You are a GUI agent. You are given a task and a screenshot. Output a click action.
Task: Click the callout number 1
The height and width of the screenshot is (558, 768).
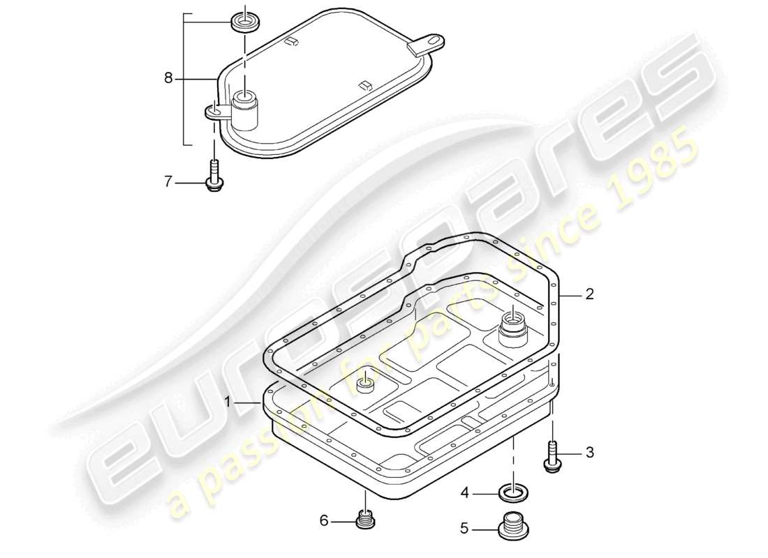click(x=228, y=402)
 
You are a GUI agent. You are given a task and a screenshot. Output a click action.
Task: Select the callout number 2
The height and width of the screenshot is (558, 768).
click(x=589, y=295)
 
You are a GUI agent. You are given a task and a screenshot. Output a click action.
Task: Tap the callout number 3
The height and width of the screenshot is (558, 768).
click(x=589, y=453)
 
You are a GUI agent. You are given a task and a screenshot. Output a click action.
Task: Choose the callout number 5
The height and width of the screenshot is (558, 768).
click(x=464, y=529)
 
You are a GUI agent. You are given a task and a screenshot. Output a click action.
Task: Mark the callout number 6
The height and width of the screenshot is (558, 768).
click(x=324, y=520)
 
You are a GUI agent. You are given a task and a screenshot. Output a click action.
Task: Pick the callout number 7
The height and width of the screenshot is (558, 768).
click(x=168, y=183)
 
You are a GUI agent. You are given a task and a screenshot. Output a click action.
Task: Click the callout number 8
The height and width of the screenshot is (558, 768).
click(x=168, y=79)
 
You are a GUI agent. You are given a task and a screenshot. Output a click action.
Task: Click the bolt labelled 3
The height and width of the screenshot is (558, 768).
click(x=552, y=457)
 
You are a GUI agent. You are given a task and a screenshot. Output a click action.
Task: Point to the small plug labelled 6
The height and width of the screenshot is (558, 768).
click(x=364, y=520)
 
